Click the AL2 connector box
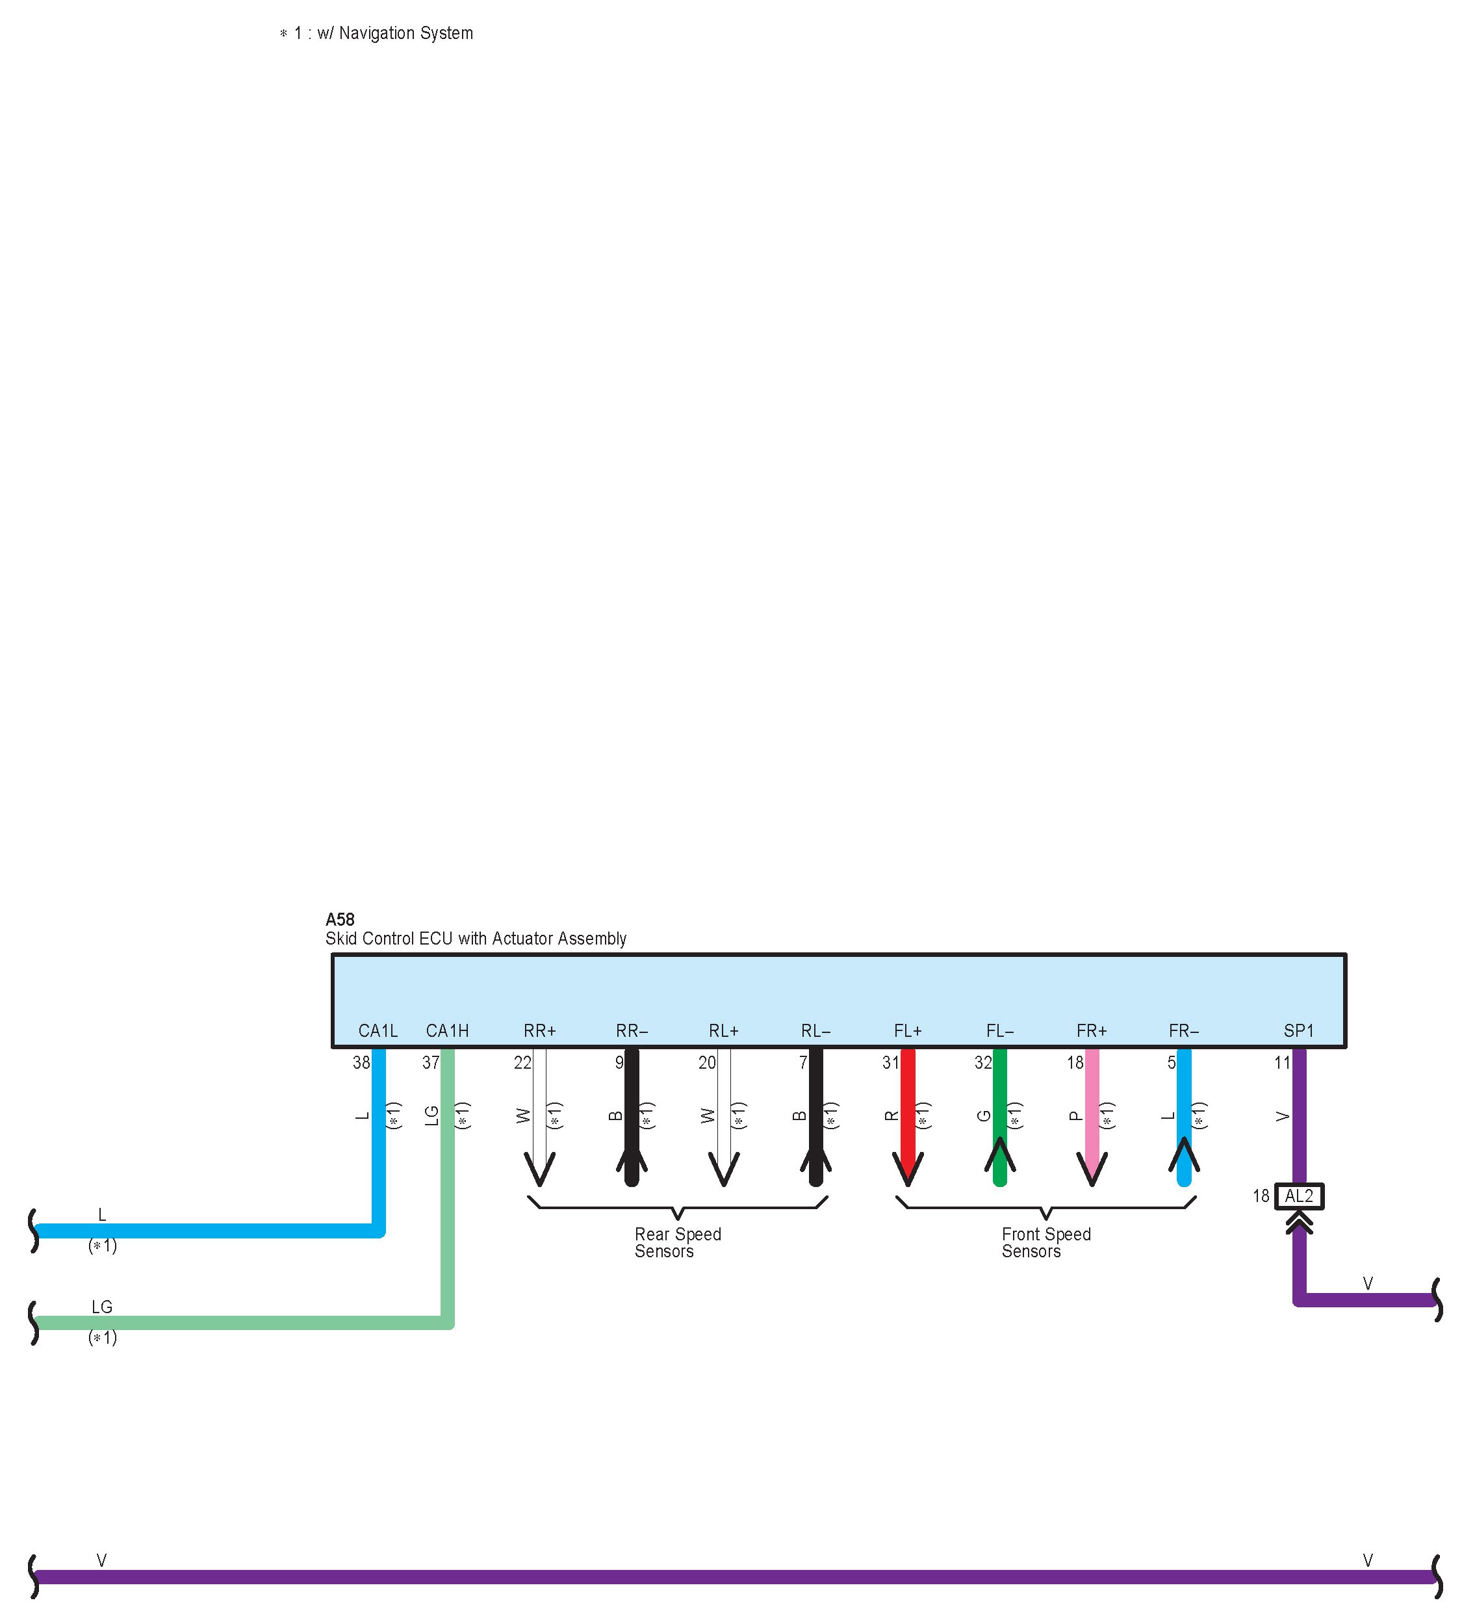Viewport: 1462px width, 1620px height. (x=1298, y=1197)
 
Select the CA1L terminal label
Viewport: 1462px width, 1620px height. (x=378, y=1031)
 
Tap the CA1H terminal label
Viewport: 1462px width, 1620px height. (x=448, y=1031)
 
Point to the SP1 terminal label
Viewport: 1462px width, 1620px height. (x=1298, y=1031)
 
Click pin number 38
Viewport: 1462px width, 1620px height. (x=361, y=1063)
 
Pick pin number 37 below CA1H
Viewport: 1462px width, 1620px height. (x=431, y=1063)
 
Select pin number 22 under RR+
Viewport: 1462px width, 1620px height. (x=522, y=1063)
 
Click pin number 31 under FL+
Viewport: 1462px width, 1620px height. (x=890, y=1063)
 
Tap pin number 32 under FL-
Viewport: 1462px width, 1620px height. (x=982, y=1063)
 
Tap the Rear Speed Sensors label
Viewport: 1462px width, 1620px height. (x=677, y=1242)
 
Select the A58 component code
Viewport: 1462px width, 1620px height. (x=340, y=919)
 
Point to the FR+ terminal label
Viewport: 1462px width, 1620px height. (x=1092, y=1031)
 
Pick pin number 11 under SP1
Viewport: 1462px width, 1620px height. (x=1282, y=1063)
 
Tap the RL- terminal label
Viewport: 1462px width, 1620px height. (x=815, y=1031)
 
